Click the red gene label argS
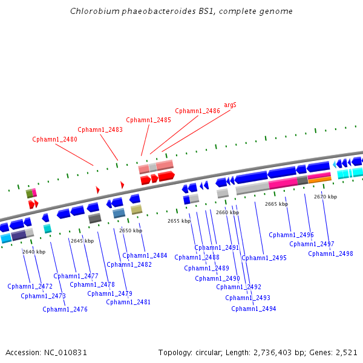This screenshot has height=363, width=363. (230, 105)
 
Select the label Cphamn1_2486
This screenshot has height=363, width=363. (197, 111)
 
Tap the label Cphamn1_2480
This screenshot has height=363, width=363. (54, 139)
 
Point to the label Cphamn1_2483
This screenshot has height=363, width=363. (100, 129)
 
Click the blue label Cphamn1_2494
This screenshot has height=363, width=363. (253, 309)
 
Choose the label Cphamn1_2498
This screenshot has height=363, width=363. (330, 253)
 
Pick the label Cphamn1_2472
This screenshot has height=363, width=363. (30, 286)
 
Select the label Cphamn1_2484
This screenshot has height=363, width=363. (145, 255)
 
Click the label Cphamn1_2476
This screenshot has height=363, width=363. (65, 310)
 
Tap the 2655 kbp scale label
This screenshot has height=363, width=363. (179, 221)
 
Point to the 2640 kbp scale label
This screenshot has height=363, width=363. (34, 252)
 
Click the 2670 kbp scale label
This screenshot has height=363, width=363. (325, 197)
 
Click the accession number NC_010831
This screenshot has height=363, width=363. (65, 353)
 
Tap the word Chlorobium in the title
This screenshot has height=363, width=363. (95, 11)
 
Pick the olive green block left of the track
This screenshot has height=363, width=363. (29, 194)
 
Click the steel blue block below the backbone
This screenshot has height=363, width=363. (119, 213)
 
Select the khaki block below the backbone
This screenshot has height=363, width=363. (136, 209)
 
